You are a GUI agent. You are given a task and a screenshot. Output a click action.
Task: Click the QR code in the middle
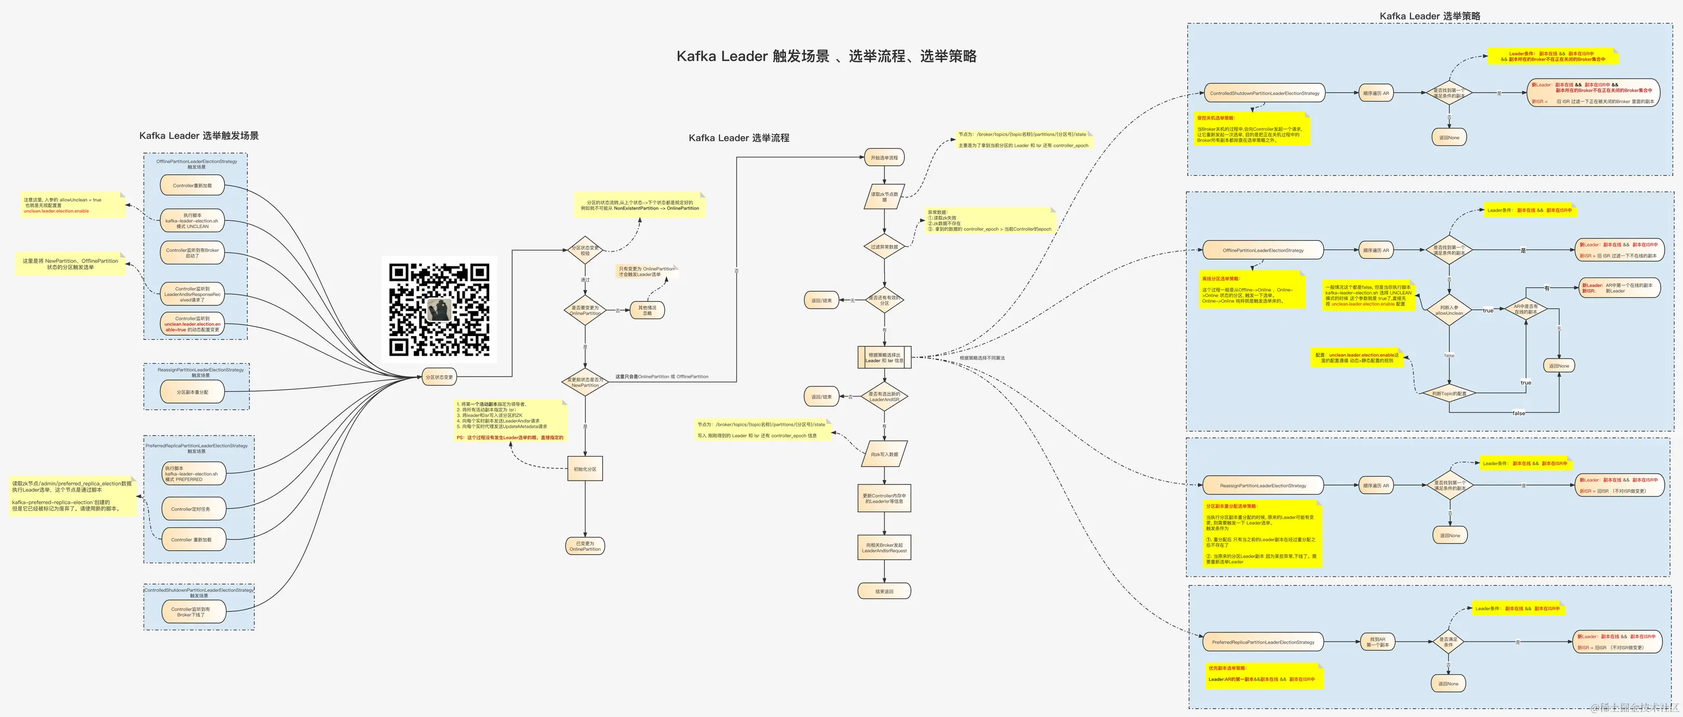pyautogui.click(x=439, y=309)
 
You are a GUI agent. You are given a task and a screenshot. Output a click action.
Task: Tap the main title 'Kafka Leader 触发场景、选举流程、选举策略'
pyautogui.click(x=826, y=56)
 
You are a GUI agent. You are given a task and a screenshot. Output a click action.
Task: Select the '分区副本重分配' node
pyautogui.click(x=192, y=392)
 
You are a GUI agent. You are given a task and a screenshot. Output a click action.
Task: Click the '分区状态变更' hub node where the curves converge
pyautogui.click(x=439, y=377)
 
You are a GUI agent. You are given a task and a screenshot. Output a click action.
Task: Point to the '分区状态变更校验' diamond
pyautogui.click(x=585, y=250)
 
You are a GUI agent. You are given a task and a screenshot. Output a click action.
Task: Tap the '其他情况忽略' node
pyautogui.click(x=647, y=310)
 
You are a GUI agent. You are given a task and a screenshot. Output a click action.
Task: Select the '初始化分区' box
pyautogui.click(x=585, y=469)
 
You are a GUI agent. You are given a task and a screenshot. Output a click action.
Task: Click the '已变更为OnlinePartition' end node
pyautogui.click(x=585, y=546)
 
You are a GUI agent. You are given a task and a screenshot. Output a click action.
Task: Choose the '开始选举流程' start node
pyautogui.click(x=884, y=157)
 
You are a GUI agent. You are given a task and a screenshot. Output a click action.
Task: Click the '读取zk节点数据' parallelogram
pyautogui.click(x=884, y=196)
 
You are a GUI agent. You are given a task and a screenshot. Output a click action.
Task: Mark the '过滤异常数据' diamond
pyautogui.click(x=884, y=247)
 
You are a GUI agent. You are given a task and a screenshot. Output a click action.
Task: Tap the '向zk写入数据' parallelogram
pyautogui.click(x=884, y=454)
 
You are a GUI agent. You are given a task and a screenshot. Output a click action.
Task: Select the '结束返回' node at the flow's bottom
pyautogui.click(x=884, y=591)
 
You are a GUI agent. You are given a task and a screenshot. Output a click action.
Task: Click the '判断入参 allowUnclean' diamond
pyautogui.click(x=1449, y=310)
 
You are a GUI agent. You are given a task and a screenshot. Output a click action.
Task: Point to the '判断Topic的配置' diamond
pyautogui.click(x=1449, y=393)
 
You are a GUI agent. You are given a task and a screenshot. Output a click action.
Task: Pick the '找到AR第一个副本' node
pyautogui.click(x=1377, y=642)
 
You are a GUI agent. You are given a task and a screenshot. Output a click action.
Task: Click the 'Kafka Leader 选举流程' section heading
pyautogui.click(x=739, y=138)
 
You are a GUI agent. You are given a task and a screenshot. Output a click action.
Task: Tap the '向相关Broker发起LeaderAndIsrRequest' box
pyautogui.click(x=884, y=547)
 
